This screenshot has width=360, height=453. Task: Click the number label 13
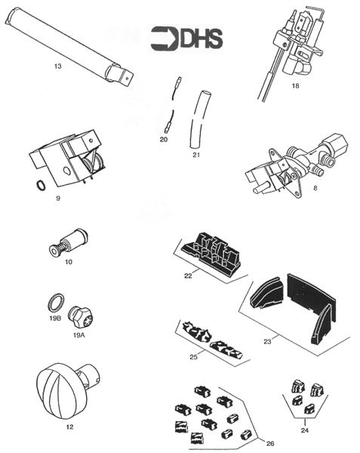coord(58,66)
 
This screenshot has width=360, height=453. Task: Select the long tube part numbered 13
coord(71,47)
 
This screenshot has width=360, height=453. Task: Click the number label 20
coord(164,139)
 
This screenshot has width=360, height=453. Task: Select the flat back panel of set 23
coord(306,299)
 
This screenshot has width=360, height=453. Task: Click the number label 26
coord(269,442)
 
